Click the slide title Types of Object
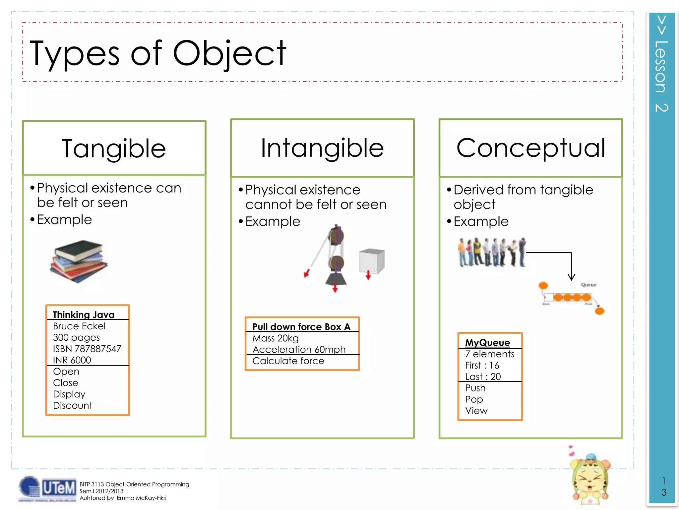pos(158,53)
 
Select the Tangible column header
pos(114,148)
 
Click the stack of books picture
pos(79,261)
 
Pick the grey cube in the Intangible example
pos(372,261)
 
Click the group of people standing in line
pos(492,252)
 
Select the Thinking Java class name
pos(84,314)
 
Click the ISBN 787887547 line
pos(87,349)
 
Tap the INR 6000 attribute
pos(72,360)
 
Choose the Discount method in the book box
pos(73,405)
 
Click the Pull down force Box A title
pos(301,327)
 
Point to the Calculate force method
pos(288,361)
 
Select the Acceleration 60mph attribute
pos(299,349)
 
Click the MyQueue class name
pos(487,343)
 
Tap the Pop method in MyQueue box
pos(474,399)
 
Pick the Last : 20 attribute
pos(483,377)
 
